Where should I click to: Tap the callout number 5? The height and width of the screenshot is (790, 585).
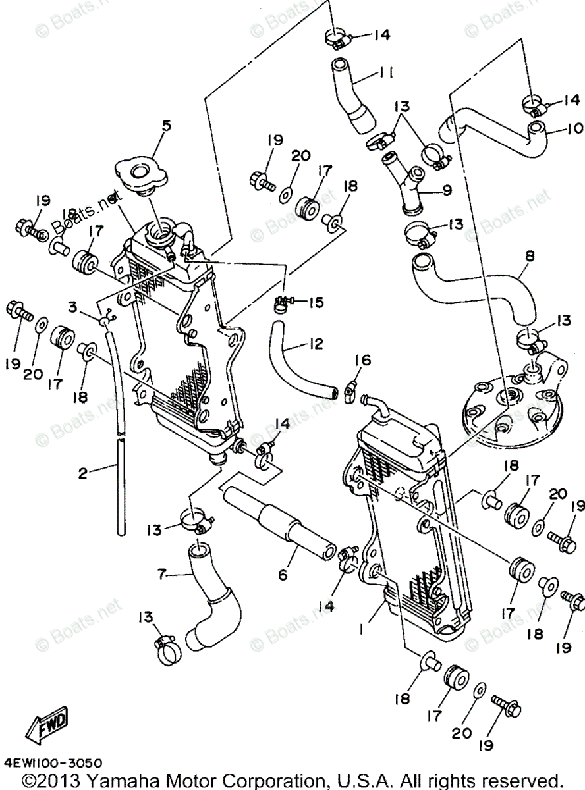coord(166,125)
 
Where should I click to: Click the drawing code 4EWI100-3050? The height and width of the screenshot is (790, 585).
coord(53,764)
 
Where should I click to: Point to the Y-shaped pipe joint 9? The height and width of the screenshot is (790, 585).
coord(410,181)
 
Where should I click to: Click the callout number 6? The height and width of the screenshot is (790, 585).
coord(283,574)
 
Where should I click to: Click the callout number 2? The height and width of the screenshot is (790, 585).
coord(83,473)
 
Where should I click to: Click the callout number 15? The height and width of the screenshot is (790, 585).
coord(317,302)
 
